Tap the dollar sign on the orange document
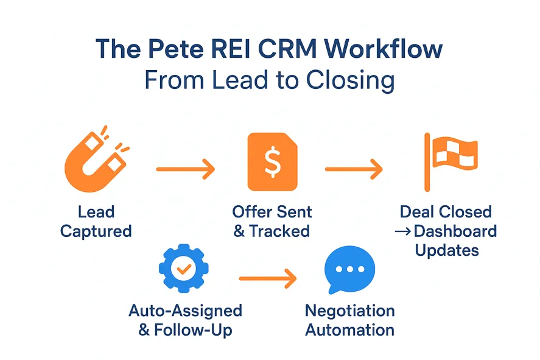tap(272, 161)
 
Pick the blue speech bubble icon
tap(349, 269)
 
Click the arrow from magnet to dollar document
tap(186, 169)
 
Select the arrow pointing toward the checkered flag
tap(354, 169)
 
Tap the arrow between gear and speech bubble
tap(268, 279)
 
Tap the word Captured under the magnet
tap(96, 231)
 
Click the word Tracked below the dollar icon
tap(279, 231)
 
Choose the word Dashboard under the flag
tap(455, 231)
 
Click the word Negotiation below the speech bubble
tap(349, 311)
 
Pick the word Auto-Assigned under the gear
tap(185, 311)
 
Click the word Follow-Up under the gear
tap(194, 331)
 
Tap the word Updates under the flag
tap(447, 250)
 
